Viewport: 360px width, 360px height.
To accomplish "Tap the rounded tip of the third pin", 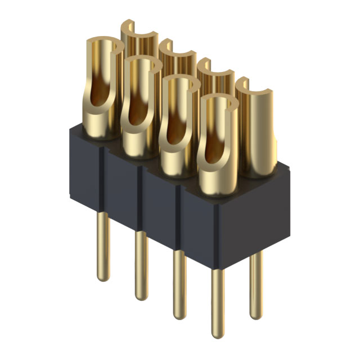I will pos(179,313).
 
